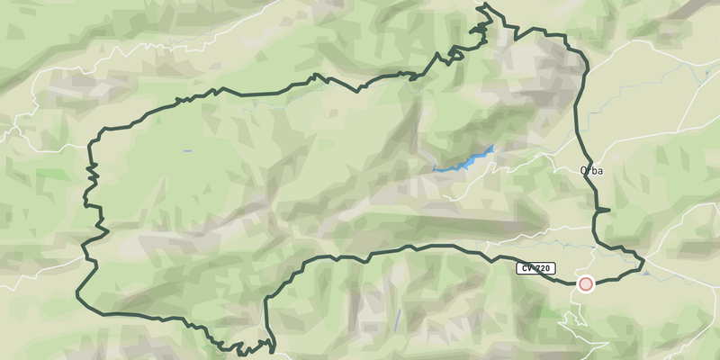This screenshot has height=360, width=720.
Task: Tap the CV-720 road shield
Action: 535,268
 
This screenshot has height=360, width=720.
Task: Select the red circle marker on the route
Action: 586,284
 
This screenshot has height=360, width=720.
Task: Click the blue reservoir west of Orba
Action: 468,161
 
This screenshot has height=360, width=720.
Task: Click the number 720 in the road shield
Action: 543,268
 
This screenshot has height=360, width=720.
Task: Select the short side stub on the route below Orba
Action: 603,210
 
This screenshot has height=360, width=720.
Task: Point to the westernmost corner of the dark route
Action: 76,293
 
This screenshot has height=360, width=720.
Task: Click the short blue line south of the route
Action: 397,319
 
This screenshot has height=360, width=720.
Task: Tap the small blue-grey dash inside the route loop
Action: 187,150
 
